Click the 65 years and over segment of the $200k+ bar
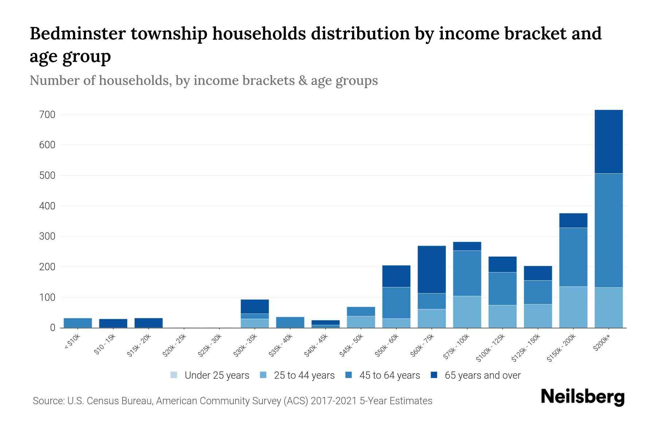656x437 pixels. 608,142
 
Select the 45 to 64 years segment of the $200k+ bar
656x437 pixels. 608,230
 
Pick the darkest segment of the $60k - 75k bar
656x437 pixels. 432,269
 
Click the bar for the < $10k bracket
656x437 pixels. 78,323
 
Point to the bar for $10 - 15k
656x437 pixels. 113,323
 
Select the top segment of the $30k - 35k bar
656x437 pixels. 255,306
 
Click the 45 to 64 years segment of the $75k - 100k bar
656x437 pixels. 467,273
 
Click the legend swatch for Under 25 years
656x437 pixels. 174,375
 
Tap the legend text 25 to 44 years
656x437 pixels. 304,375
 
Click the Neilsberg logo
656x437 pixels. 582,397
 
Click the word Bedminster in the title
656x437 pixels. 77,34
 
